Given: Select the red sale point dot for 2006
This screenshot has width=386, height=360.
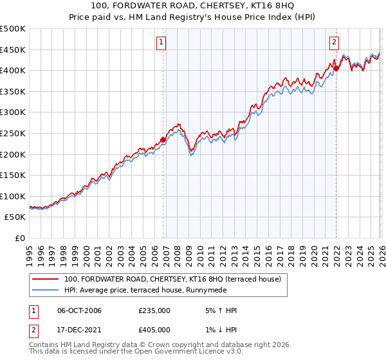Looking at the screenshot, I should click(163, 139).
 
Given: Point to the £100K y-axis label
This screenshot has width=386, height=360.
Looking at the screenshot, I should click(13, 196).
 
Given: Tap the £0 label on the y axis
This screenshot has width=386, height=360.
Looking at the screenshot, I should click(19, 238).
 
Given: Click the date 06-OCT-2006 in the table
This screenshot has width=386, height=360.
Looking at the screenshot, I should click(79, 310).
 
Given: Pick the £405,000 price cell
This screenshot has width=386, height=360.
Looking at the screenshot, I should click(154, 329).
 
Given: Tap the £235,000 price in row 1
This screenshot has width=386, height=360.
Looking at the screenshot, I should click(154, 310).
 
